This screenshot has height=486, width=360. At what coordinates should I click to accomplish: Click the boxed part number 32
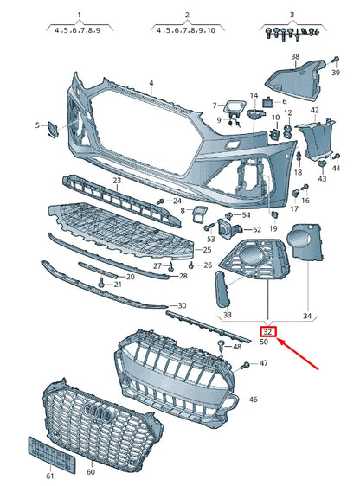click(267, 330)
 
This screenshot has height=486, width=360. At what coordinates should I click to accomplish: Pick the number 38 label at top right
click(295, 58)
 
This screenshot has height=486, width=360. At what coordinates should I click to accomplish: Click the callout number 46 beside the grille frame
click(253, 400)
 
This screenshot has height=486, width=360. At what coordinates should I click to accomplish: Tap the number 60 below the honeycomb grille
click(89, 473)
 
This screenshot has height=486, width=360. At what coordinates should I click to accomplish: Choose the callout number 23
click(116, 181)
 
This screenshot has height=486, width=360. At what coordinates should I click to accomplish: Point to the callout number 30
click(181, 306)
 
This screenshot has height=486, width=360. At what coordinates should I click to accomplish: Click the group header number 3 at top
click(292, 16)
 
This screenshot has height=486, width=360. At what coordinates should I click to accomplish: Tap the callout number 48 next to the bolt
click(237, 346)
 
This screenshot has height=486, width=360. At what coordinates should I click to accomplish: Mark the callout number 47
click(264, 364)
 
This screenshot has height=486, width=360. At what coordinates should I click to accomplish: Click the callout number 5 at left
click(37, 125)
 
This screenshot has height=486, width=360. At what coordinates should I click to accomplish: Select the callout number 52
click(258, 229)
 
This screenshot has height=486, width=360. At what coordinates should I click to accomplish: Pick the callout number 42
click(315, 111)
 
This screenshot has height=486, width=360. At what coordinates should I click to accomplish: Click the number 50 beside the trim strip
click(264, 342)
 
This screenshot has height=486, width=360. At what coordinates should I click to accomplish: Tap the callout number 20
click(129, 277)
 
